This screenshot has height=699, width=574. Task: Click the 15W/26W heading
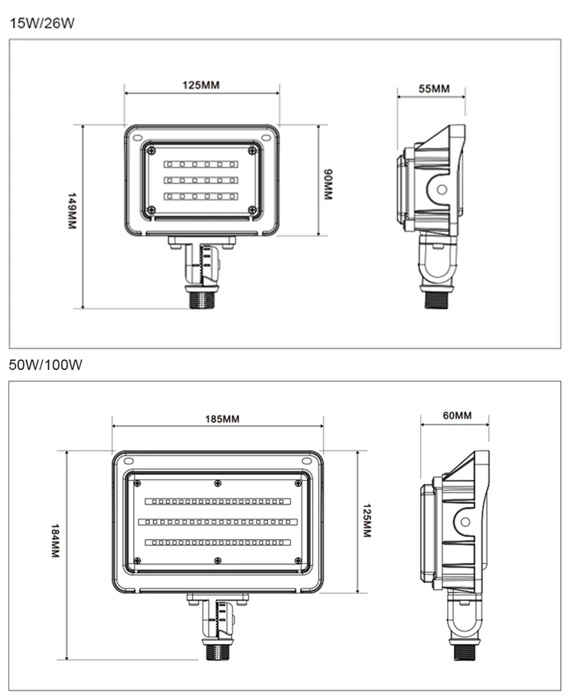click(42, 23)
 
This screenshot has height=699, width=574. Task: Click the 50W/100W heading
click(45, 365)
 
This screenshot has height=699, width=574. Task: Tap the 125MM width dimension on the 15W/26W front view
click(201, 85)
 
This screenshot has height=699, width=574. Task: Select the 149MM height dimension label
click(71, 211)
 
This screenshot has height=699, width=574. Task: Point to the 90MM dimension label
click(328, 184)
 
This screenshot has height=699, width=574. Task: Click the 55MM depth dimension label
click(434, 89)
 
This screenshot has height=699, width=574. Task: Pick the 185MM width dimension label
click(222, 419)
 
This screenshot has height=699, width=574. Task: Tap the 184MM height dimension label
click(55, 540)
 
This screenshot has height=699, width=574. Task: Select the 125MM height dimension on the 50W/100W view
click(367, 520)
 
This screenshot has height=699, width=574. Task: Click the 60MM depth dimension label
click(457, 415)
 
